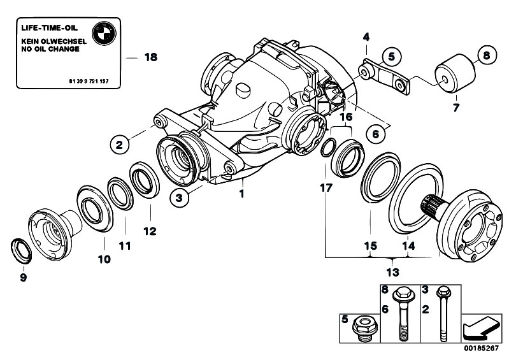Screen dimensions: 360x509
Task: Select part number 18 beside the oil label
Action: tap(150, 57)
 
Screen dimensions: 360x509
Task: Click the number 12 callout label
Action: tap(148, 231)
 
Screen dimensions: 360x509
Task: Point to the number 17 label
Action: tap(326, 189)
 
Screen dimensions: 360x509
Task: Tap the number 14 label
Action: tap(408, 245)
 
